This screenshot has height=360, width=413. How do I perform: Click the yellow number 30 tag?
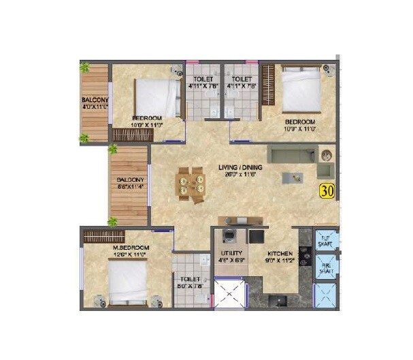(327, 191)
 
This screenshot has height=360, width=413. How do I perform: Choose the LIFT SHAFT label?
(326, 240)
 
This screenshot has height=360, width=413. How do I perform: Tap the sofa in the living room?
(293, 153)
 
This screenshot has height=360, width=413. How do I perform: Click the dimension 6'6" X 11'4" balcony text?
(130, 188)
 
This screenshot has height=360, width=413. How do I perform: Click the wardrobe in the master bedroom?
(103, 236)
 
